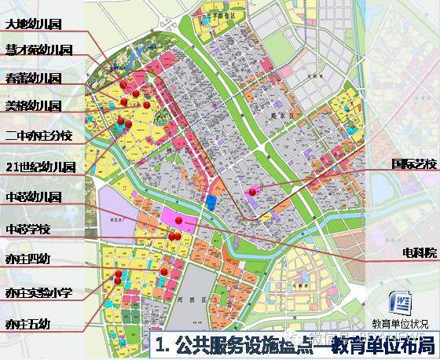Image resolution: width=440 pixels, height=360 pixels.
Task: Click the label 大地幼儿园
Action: point(33,25)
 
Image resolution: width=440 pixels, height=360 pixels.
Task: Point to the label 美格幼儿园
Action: point(33,105)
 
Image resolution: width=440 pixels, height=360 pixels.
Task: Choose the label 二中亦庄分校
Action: point(38,135)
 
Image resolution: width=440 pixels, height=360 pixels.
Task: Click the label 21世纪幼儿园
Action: point(39,167)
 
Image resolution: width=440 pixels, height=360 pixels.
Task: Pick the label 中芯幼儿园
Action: point(33,197)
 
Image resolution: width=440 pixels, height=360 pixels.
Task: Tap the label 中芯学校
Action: point(27,229)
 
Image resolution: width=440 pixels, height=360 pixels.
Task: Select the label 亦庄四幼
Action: point(27,259)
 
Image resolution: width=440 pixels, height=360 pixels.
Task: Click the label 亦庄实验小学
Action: point(38,292)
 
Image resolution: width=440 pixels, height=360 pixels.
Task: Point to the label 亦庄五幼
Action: point(27,323)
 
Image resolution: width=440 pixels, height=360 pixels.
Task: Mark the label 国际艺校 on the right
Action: point(412,165)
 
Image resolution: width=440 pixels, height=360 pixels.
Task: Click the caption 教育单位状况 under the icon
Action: point(401,323)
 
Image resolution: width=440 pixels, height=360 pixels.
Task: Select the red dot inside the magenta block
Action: point(178,219)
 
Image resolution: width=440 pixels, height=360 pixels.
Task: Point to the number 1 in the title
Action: point(161,344)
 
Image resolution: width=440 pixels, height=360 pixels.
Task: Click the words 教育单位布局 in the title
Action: point(389,344)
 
